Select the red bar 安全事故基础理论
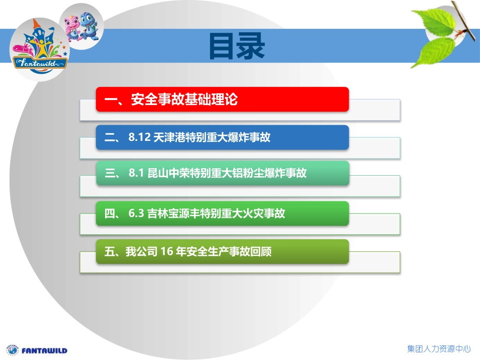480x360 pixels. [222, 99]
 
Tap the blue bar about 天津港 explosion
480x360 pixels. [222, 137]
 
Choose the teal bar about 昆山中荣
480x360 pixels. [222, 174]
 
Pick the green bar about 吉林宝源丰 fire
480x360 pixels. [222, 214]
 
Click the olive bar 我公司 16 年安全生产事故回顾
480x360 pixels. [222, 251]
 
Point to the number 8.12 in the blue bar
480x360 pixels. [140, 137]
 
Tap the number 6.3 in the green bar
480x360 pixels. [136, 214]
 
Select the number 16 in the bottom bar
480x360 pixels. [166, 251]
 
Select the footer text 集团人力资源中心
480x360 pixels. [439, 349]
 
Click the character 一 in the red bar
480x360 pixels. [110, 99]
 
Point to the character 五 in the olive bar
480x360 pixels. [109, 251]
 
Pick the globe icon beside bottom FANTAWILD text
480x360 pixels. [12, 350]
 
